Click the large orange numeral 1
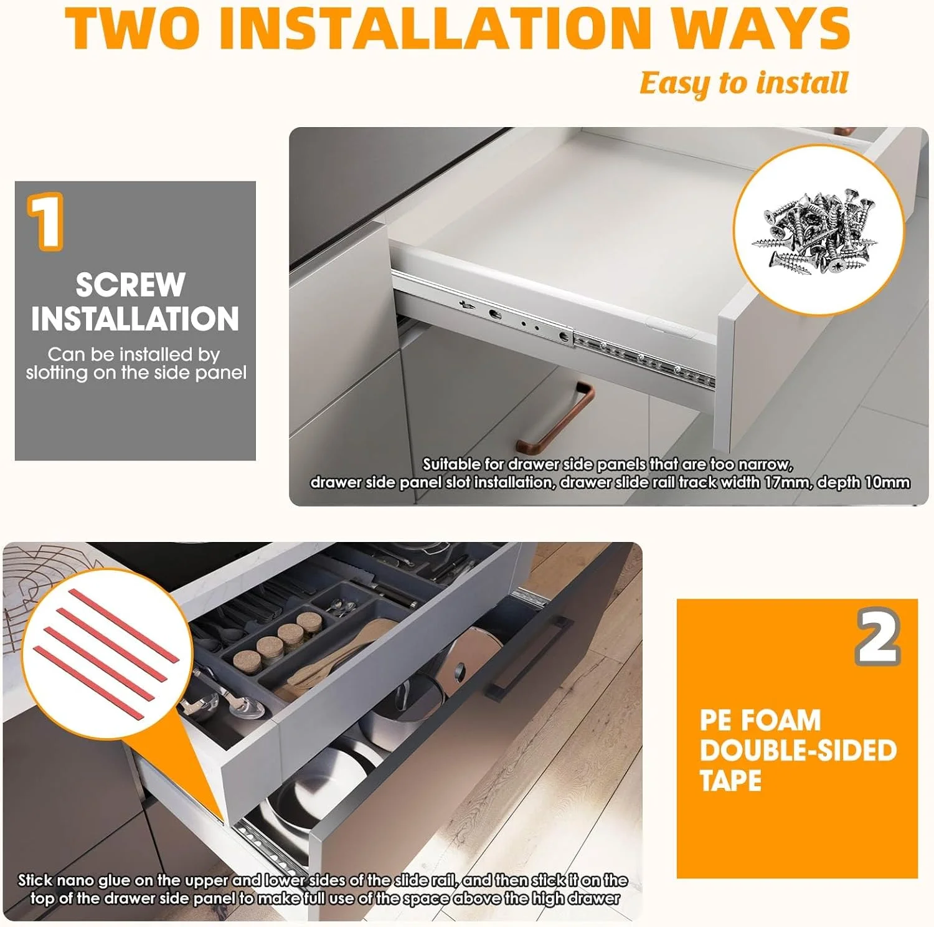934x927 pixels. click(x=45, y=221)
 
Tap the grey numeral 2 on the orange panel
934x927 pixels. click(x=878, y=637)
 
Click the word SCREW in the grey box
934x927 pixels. click(x=131, y=285)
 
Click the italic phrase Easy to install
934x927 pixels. click(x=744, y=83)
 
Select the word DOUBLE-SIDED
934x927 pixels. click(x=798, y=751)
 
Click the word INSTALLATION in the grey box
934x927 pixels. click(x=135, y=319)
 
